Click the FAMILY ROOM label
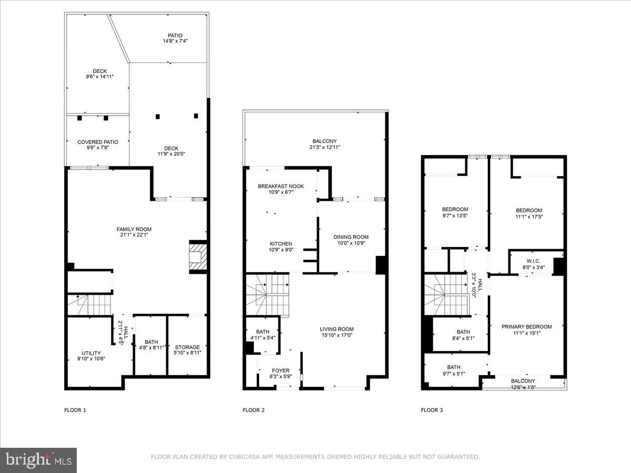point(134,229)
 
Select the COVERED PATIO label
point(97,142)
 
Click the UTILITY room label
point(91,353)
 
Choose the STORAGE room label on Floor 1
point(187,347)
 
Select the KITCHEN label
point(281,244)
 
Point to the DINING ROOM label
point(351,237)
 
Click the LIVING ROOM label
point(337,329)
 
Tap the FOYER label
point(280,371)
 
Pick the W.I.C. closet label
point(533,261)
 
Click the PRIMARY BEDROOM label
point(526,326)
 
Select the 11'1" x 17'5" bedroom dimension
point(528,217)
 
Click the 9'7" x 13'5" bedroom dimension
point(455,215)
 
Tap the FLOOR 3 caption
point(432,410)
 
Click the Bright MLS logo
point(38,460)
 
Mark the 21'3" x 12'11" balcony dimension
point(324,147)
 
